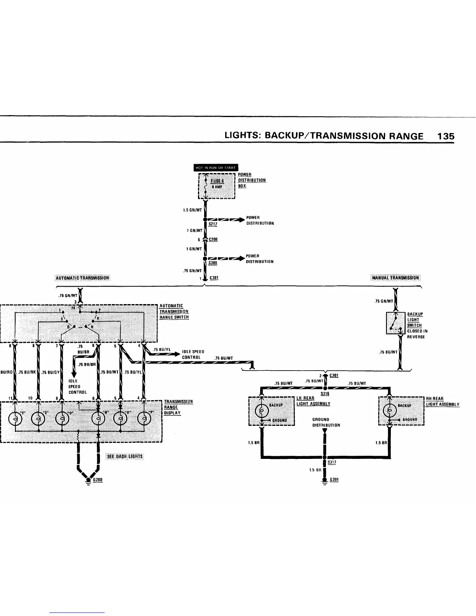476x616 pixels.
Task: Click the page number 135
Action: click(x=445, y=136)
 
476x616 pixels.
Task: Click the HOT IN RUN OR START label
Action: click(x=216, y=168)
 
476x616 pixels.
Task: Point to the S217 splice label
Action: click(x=213, y=224)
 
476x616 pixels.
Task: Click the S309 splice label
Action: click(x=213, y=263)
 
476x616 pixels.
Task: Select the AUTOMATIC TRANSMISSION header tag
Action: click(x=83, y=278)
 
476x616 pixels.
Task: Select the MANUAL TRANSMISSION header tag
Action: click(x=395, y=278)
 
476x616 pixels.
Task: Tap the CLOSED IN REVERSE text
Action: click(x=417, y=334)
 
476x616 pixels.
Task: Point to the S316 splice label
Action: click(x=325, y=394)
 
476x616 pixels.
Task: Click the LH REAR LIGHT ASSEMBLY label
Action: click(x=313, y=401)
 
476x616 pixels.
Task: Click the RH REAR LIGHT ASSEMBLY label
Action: click(x=443, y=401)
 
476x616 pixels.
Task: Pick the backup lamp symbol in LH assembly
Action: click(x=261, y=411)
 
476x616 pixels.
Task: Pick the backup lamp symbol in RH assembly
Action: click(x=389, y=411)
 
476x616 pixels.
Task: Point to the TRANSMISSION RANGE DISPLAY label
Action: click(x=178, y=407)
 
